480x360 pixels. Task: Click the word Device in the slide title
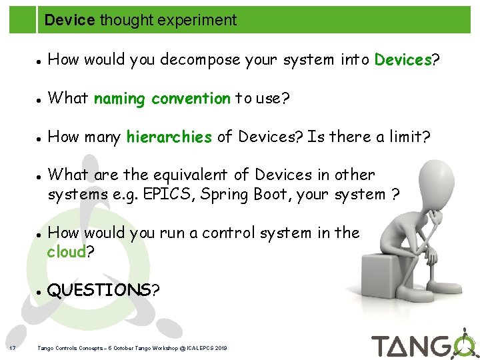[x=69, y=21]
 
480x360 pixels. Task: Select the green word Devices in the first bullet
[x=403, y=60]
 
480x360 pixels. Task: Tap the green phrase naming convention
[x=162, y=99]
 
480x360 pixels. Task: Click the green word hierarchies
[x=169, y=137]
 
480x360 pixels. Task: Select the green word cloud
[x=67, y=252]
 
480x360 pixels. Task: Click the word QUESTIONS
[x=99, y=290]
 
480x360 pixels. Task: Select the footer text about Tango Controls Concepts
[x=132, y=348]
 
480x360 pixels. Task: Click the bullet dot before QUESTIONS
[x=40, y=291]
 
